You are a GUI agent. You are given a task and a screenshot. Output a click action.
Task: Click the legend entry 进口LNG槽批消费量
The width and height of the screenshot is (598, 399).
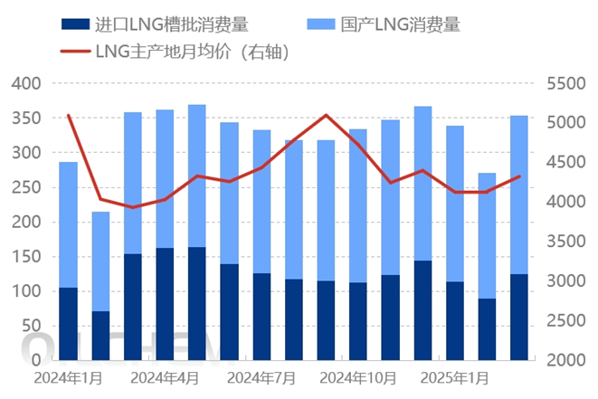(x=155, y=24)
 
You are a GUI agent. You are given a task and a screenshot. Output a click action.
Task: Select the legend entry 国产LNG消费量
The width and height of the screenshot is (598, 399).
(x=384, y=24)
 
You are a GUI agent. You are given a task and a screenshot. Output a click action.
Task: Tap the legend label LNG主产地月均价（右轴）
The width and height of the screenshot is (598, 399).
(x=175, y=52)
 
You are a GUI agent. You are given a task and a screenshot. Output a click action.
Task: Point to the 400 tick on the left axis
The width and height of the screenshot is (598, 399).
(x=26, y=83)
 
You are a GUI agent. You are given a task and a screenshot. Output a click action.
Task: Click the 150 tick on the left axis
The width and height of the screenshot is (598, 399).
(x=26, y=257)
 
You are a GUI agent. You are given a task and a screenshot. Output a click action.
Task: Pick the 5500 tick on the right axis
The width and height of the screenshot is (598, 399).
(x=566, y=83)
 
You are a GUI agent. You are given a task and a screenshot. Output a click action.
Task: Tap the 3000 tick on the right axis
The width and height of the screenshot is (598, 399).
(x=566, y=280)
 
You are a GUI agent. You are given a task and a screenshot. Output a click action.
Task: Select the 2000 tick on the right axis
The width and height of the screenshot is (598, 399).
(x=566, y=360)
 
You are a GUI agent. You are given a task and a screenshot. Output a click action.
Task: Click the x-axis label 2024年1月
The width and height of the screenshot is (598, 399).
(x=68, y=378)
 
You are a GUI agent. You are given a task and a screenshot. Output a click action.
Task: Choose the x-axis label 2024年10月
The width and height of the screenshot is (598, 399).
(x=358, y=378)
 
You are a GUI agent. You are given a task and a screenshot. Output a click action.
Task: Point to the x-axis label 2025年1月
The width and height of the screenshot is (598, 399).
(x=454, y=378)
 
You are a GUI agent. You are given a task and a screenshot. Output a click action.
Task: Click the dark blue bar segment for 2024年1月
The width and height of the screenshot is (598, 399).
(x=68, y=324)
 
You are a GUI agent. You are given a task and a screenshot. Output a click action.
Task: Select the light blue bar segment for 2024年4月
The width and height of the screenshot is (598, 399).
(x=165, y=179)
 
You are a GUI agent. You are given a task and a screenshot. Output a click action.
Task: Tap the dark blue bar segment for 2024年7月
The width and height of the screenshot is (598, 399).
(x=261, y=317)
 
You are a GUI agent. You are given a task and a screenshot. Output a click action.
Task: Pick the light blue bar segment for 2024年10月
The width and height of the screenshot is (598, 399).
(x=358, y=206)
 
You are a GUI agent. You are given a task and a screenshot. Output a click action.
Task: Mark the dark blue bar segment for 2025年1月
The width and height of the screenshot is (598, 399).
(x=454, y=321)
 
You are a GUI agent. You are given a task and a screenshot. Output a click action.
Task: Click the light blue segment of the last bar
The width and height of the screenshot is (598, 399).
(x=519, y=195)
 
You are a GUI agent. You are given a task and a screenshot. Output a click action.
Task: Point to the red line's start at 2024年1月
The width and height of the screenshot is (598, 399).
(x=68, y=115)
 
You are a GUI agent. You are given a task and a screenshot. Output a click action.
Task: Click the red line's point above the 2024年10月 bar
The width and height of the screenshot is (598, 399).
(x=358, y=144)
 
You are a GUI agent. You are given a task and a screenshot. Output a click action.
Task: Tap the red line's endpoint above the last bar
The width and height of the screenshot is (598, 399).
(x=519, y=176)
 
